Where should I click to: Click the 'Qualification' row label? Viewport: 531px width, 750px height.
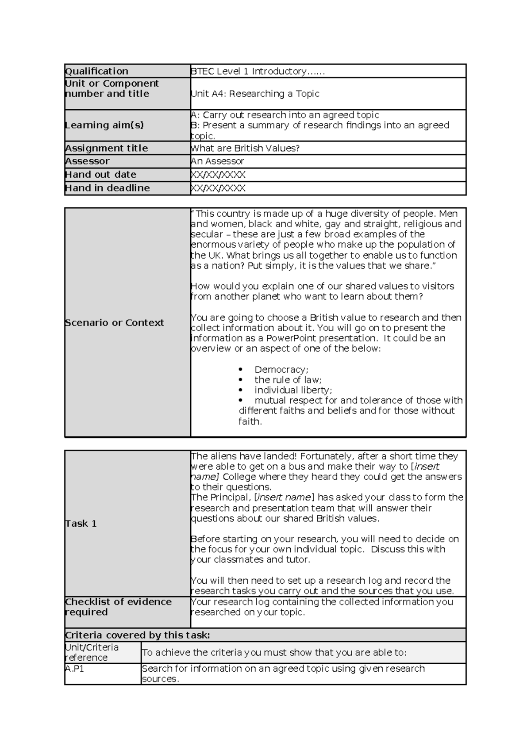coord(96,71)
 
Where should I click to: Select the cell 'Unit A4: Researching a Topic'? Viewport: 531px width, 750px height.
coord(255,94)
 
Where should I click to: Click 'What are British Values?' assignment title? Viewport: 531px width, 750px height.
coord(245,148)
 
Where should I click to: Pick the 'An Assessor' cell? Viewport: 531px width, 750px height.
coord(217,161)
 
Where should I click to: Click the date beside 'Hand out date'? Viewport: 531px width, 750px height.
coord(218,175)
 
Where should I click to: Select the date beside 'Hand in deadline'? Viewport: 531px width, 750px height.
coord(218,188)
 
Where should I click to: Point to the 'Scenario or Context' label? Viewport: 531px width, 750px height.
coord(114,323)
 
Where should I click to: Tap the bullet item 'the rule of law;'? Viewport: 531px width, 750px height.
coord(288,380)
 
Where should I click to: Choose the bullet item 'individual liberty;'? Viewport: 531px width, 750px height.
coord(293,390)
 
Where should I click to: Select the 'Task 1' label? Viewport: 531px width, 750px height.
coord(81,524)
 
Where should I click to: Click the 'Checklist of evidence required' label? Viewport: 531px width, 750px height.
coord(118,607)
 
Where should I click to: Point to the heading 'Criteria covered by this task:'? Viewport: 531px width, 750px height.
coord(138,635)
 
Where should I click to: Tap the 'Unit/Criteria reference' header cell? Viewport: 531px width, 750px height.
coord(92,652)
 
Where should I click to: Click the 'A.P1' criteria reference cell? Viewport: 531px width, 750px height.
coord(75,669)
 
